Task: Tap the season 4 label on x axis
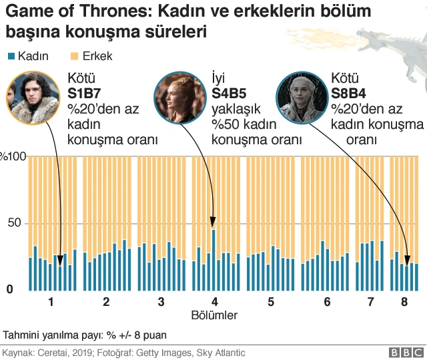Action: [214, 302]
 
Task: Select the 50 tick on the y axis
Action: [14, 223]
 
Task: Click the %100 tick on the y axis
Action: [12, 157]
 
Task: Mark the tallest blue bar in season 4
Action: [213, 260]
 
